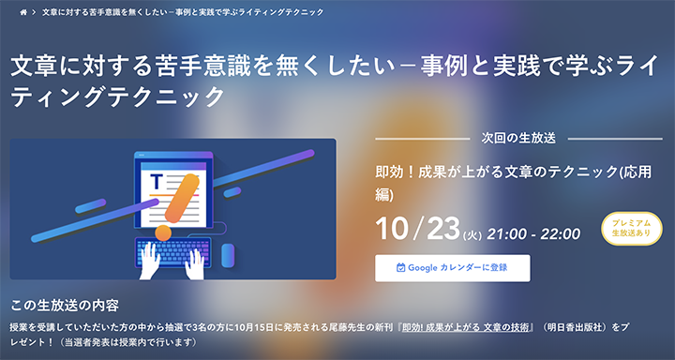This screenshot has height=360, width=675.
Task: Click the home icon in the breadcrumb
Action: pyautogui.click(x=23, y=12)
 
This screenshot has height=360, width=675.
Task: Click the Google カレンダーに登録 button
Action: pyautogui.click(x=452, y=267)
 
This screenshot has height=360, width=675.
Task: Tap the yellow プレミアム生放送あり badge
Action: pyautogui.click(x=631, y=228)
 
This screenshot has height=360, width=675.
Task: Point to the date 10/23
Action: pyautogui.click(x=414, y=228)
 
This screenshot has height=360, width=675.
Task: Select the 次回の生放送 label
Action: pyautogui.click(x=518, y=137)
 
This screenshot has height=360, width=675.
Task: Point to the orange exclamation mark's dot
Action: pyautogui.click(x=163, y=231)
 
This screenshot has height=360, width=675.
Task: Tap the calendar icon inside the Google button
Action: pyautogui.click(x=401, y=267)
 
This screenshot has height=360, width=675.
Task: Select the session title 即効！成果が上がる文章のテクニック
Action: pyautogui.click(x=487, y=173)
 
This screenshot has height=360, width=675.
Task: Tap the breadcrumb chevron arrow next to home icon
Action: pyautogui.click(x=34, y=12)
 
